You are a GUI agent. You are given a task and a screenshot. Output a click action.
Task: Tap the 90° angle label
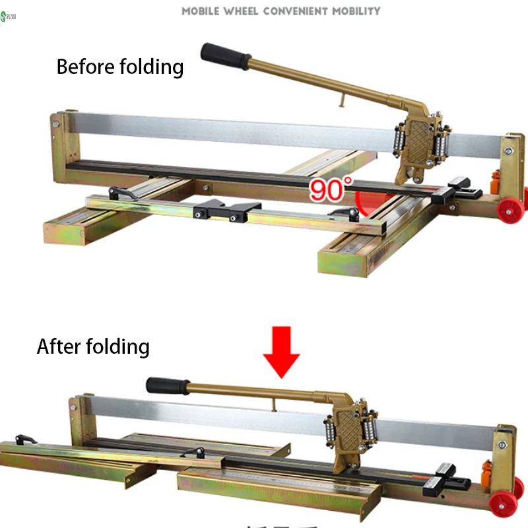tap(328, 189)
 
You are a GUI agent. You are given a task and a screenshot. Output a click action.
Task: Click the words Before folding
tap(119, 67)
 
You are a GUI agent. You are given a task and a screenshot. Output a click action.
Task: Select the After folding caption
tap(93, 346)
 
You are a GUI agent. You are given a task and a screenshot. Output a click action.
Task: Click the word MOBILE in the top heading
tap(203, 11)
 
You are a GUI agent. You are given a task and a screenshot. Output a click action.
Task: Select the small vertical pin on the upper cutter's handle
tap(341, 98)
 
